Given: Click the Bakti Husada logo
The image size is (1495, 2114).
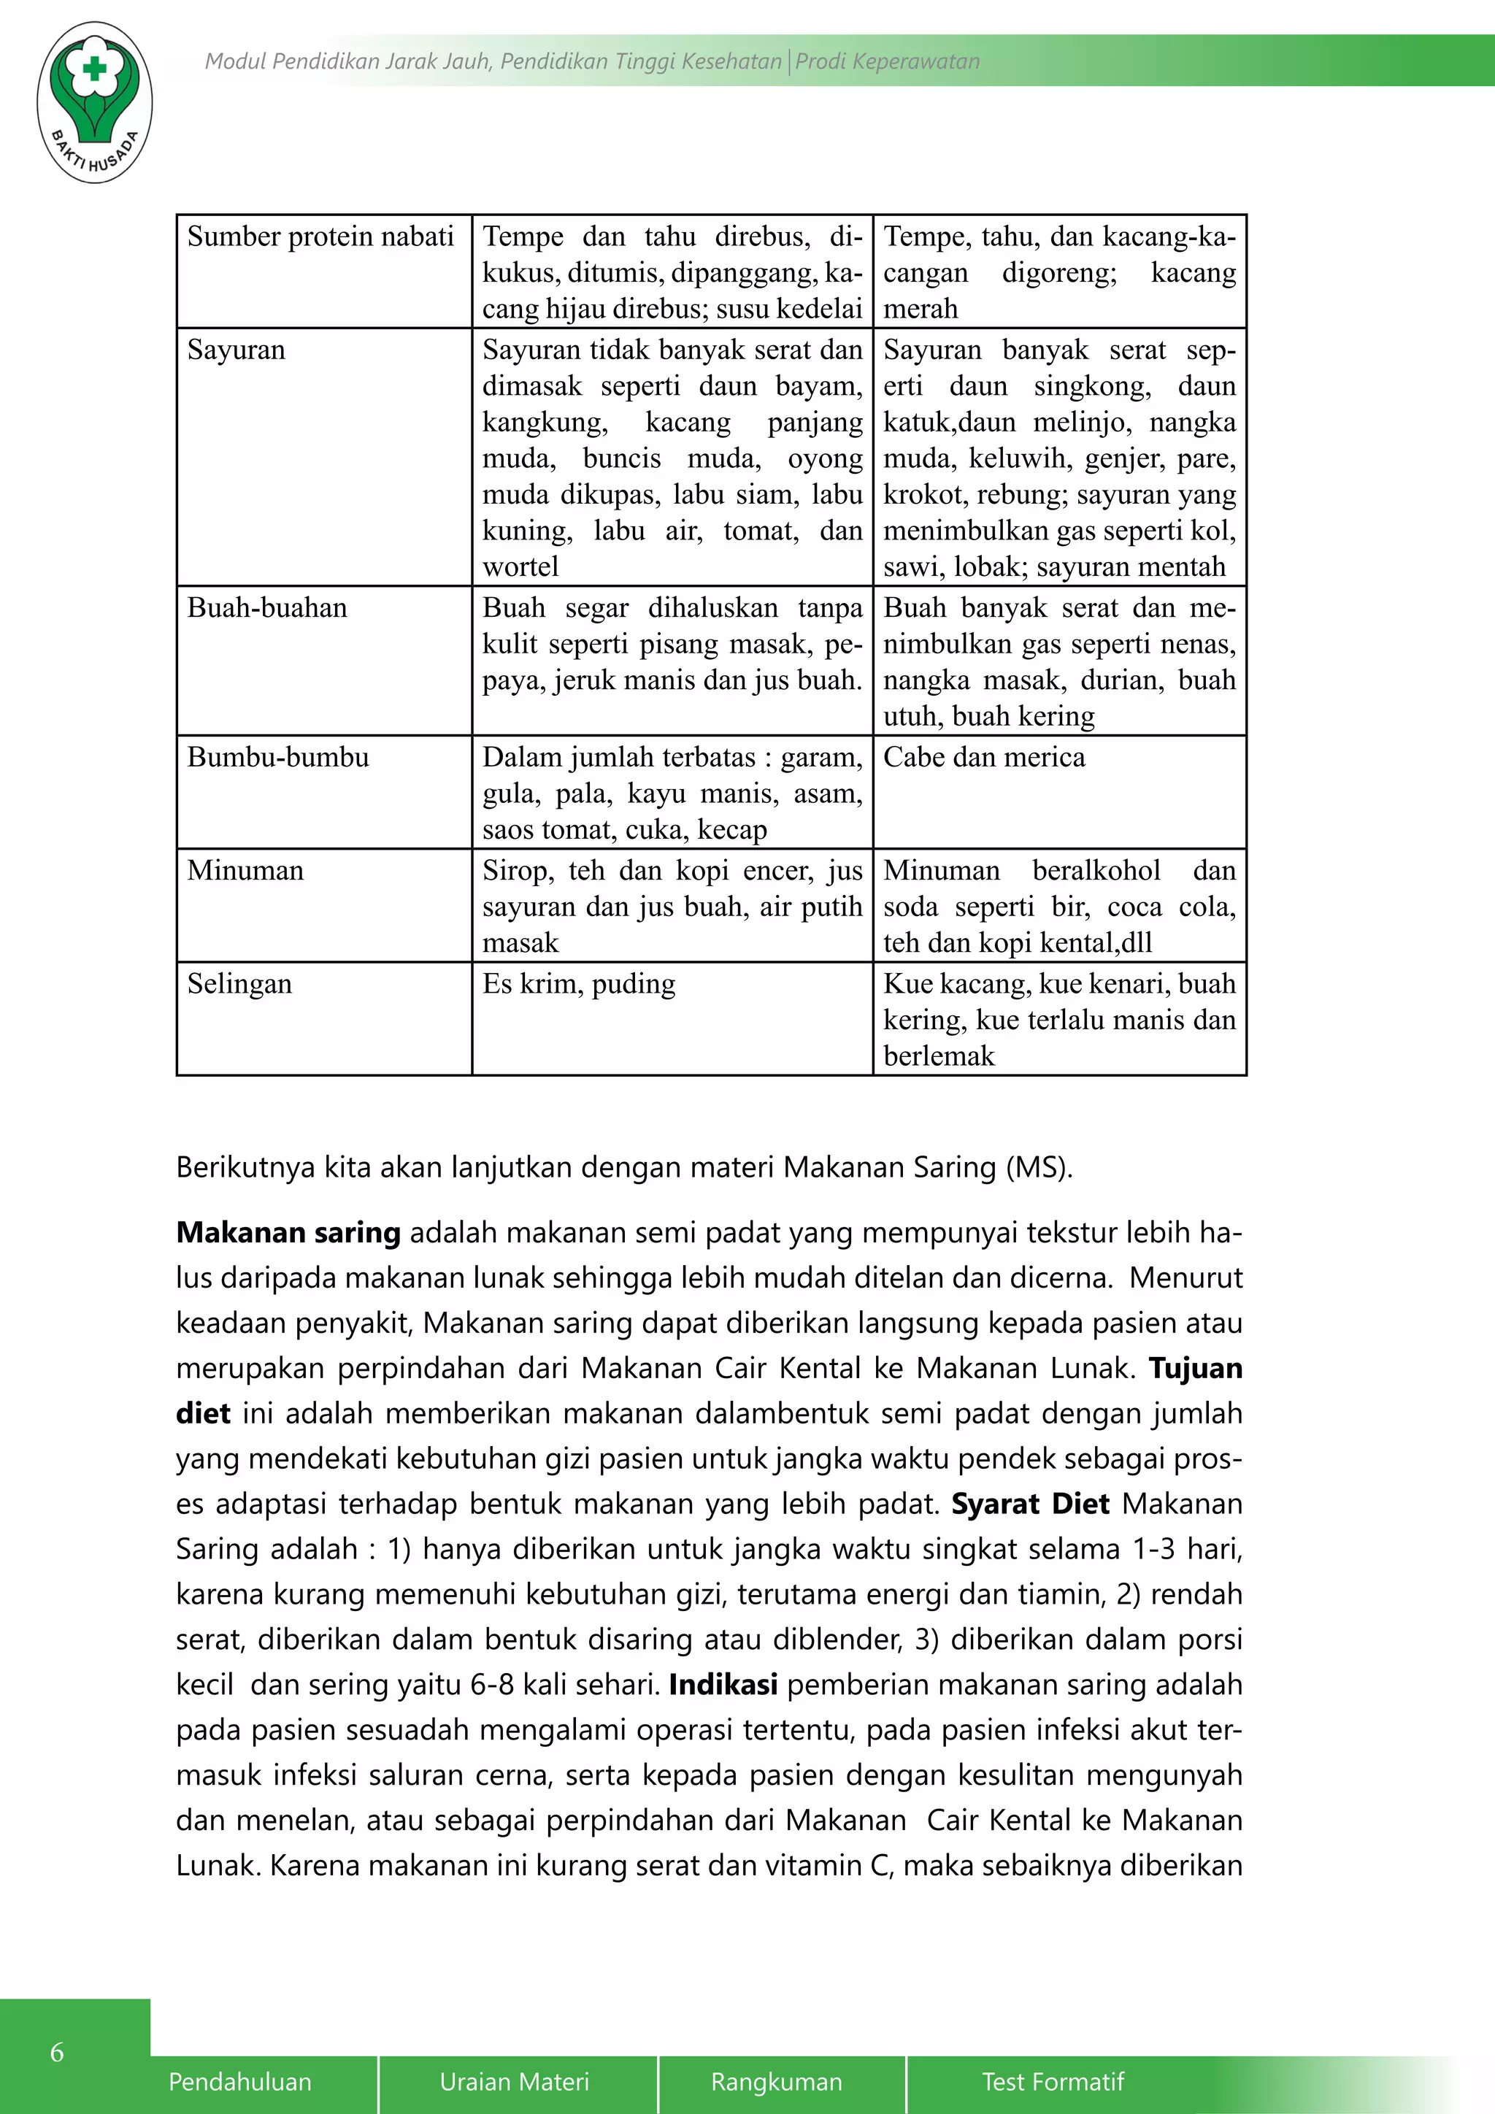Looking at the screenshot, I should (95, 102).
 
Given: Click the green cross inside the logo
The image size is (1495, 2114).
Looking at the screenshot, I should (94, 69).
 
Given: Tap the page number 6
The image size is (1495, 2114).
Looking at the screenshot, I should (57, 2051).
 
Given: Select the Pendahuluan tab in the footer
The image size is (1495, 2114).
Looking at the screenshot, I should (240, 2082).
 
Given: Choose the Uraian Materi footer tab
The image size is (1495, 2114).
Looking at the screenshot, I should (514, 2082).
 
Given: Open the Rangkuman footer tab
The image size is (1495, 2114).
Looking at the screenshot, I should (776, 2082).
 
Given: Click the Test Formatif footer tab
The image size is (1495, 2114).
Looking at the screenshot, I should (1053, 2082).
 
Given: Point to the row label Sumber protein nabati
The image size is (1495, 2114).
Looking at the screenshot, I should (320, 237).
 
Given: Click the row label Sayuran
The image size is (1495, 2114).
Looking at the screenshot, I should (237, 350).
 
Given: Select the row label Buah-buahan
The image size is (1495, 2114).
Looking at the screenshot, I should (267, 607).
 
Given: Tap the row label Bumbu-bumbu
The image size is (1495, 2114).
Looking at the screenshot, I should (278, 757).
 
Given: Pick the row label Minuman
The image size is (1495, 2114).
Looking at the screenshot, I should (245, 870).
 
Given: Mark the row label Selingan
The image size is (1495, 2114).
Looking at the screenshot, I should (239, 983).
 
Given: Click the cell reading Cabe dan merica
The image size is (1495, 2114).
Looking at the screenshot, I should (984, 757).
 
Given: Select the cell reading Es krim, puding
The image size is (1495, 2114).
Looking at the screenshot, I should (579, 983).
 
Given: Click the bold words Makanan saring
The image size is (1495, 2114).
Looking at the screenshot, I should (288, 1232).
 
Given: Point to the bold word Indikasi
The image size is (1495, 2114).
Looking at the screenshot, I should (723, 1684).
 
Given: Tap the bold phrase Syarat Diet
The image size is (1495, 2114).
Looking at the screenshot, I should (1030, 1504).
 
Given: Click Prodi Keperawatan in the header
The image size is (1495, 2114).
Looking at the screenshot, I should (888, 62).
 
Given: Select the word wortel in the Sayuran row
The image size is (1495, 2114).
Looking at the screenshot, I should (520, 566).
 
